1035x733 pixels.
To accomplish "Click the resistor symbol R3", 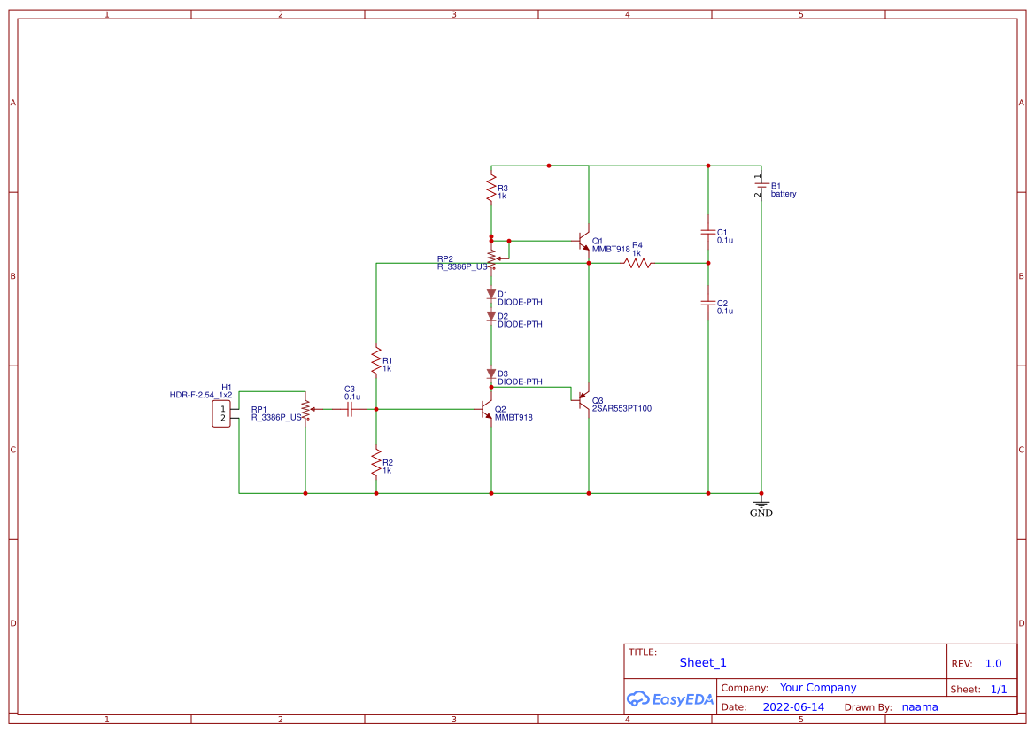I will coord(491,188).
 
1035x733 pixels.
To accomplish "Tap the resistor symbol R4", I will coord(637,263).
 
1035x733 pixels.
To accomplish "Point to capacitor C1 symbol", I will coord(708,231).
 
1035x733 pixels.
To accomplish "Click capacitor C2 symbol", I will coord(708,303).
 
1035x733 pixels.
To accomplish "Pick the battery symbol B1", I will coord(761,189).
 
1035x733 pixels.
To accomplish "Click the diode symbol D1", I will coord(491,293).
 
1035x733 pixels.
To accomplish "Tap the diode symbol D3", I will coord(491,374).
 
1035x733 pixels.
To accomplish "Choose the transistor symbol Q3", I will coord(583,400).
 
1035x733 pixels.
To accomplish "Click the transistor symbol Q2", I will coord(486,409).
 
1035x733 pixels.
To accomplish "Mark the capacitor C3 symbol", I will coord(351,409).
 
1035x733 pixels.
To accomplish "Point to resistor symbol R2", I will coord(376,461).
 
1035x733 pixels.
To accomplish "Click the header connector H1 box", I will coord(221,413).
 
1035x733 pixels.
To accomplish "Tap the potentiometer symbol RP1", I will coord(305,409).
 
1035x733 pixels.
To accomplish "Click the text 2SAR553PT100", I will coord(622,409).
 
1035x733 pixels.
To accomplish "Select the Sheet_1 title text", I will coord(703,662).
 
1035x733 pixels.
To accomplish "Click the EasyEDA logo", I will coord(669,698).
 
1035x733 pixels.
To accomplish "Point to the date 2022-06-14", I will coord(793,706).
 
